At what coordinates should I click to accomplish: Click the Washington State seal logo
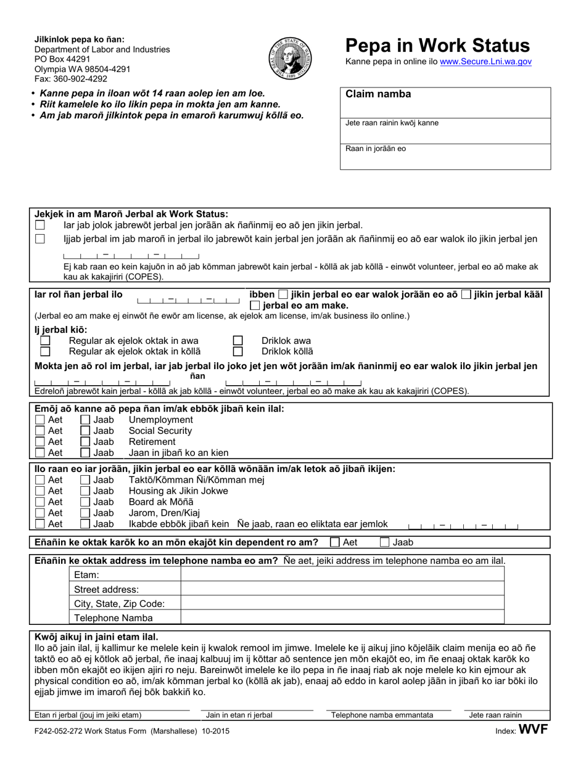pyautogui.click(x=291, y=57)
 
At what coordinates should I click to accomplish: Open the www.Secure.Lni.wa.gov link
pyautogui.click(x=485, y=62)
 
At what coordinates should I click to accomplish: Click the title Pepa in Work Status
pyautogui.click(x=437, y=45)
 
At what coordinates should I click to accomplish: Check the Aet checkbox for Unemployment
pyautogui.click(x=41, y=420)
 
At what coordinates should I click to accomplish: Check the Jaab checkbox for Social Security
pyautogui.click(x=86, y=431)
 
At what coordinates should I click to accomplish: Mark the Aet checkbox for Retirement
pyautogui.click(x=41, y=442)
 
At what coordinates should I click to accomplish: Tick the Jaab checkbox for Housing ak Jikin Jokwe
pyautogui.click(x=86, y=491)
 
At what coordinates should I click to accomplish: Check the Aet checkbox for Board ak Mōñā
pyautogui.click(x=41, y=502)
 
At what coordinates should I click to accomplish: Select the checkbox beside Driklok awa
pyautogui.click(x=237, y=341)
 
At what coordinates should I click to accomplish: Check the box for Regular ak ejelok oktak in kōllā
pyautogui.click(x=45, y=352)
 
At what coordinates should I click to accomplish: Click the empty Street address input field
pyautogui.click(x=342, y=589)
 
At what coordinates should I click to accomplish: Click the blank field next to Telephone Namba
pyautogui.click(x=342, y=617)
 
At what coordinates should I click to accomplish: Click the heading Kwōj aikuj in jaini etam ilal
pyautogui.click(x=96, y=637)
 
